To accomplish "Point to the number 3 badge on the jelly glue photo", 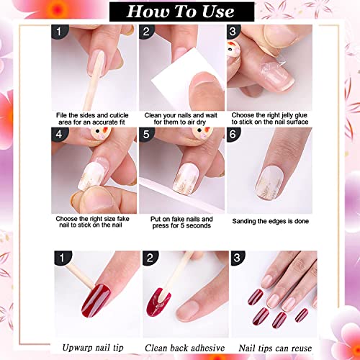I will pos(234,32).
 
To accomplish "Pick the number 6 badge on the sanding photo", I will pos(234,133).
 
